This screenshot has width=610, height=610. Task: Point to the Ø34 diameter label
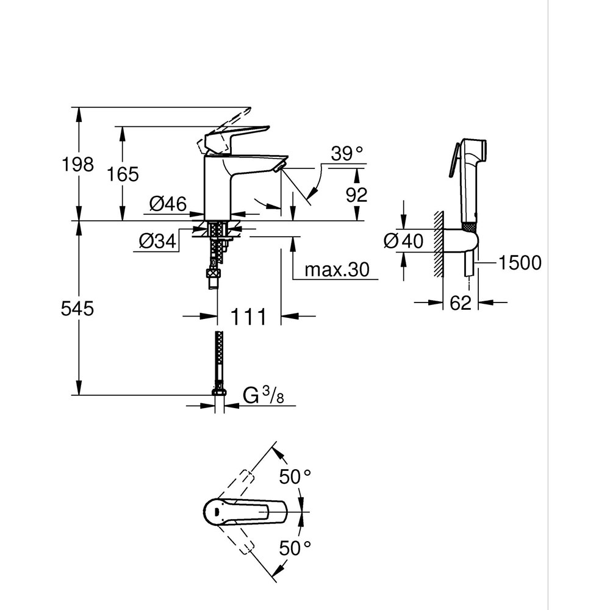(x=157, y=242)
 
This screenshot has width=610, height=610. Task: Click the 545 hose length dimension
(x=77, y=309)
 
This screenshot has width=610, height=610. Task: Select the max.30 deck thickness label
(x=337, y=269)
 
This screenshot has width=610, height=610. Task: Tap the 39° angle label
(x=346, y=154)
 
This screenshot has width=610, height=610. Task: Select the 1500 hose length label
(x=519, y=263)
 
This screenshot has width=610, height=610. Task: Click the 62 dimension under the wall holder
(x=461, y=302)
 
